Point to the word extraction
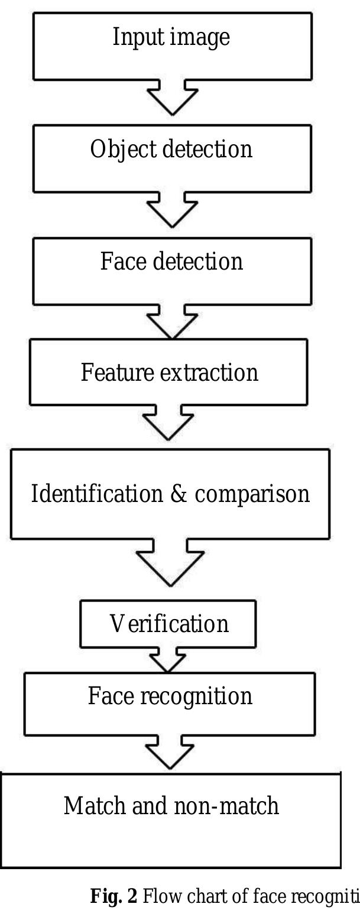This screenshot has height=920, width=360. [x=209, y=373]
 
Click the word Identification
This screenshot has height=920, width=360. [x=97, y=493]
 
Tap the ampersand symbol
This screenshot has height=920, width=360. [x=178, y=494]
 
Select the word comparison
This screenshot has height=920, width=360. [x=252, y=495]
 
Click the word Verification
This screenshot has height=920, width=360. [x=169, y=623]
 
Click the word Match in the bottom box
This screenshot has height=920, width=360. [x=95, y=805]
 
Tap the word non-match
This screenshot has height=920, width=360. [x=226, y=805]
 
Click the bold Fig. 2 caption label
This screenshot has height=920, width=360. [x=113, y=896]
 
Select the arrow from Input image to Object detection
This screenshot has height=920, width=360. [x=173, y=98]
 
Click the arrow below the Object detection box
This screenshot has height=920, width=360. [x=173, y=210]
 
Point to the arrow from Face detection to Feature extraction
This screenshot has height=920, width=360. [x=173, y=322]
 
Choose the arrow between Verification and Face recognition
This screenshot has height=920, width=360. [x=167, y=660]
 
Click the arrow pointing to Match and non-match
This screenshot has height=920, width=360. [x=170, y=753]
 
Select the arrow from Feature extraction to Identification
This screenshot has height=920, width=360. [x=168, y=423]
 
